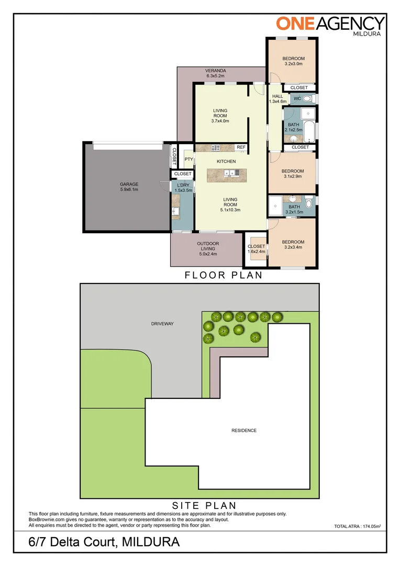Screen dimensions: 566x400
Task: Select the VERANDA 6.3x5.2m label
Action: (215, 73)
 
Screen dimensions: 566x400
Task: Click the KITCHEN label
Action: (226, 161)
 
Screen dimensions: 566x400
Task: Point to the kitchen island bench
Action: (226, 175)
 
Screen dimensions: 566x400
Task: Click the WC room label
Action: (297, 99)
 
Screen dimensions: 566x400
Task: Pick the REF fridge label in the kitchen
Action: (241, 147)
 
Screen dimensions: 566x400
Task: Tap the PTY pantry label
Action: (188, 159)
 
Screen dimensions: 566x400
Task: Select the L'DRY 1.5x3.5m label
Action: (183, 188)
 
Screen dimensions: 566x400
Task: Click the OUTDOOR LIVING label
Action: (208, 248)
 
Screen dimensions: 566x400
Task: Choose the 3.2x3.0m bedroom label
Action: (293, 61)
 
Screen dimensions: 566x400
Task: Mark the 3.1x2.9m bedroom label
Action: (292, 174)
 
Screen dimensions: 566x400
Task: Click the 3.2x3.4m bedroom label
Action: (293, 245)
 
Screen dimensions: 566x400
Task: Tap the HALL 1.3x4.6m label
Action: (277, 99)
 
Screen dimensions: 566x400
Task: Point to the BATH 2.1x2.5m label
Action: (293, 127)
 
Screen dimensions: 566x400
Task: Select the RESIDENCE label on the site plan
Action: (244, 431)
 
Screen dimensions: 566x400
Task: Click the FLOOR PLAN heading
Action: (224, 275)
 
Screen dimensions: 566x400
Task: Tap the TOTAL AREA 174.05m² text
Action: (357, 526)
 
